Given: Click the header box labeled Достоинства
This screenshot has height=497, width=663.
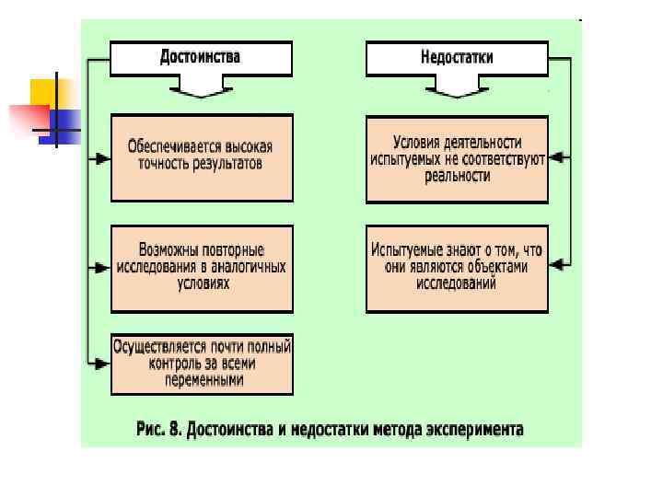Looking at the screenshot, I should [201, 57].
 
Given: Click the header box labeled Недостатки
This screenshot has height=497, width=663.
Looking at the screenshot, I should [457, 57].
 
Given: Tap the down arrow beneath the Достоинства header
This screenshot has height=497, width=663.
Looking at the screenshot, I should [201, 87].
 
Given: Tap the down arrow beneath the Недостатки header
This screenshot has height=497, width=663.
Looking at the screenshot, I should [457, 87].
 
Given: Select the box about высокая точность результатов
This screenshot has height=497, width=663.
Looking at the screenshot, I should [202, 157].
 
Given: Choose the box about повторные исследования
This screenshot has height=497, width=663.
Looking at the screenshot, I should [202, 268].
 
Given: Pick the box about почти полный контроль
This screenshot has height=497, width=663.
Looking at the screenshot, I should [202, 364].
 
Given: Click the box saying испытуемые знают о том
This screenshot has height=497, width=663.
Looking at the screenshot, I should [457, 268].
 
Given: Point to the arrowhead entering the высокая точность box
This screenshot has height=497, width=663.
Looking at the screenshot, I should [102, 158].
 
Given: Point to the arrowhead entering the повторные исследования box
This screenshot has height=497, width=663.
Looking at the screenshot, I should [102, 268].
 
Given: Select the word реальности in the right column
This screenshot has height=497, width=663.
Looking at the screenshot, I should [457, 176].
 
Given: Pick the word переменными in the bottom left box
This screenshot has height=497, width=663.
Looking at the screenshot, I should [204, 380].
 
